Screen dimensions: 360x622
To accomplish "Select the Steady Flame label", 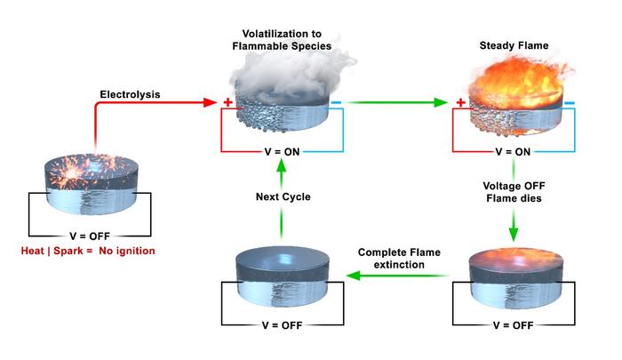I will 512,45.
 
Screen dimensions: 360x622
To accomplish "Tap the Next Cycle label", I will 281,196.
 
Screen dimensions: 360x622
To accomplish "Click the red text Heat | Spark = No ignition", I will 87,252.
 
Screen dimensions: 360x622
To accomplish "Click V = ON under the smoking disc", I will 281,152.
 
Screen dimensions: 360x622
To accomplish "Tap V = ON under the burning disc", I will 513,152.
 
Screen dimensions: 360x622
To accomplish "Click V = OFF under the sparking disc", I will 88,236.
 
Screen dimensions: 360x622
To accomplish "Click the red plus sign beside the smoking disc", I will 227,103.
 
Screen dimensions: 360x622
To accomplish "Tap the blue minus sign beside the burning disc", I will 569,103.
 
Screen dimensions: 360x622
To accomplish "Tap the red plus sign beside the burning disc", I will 460,103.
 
